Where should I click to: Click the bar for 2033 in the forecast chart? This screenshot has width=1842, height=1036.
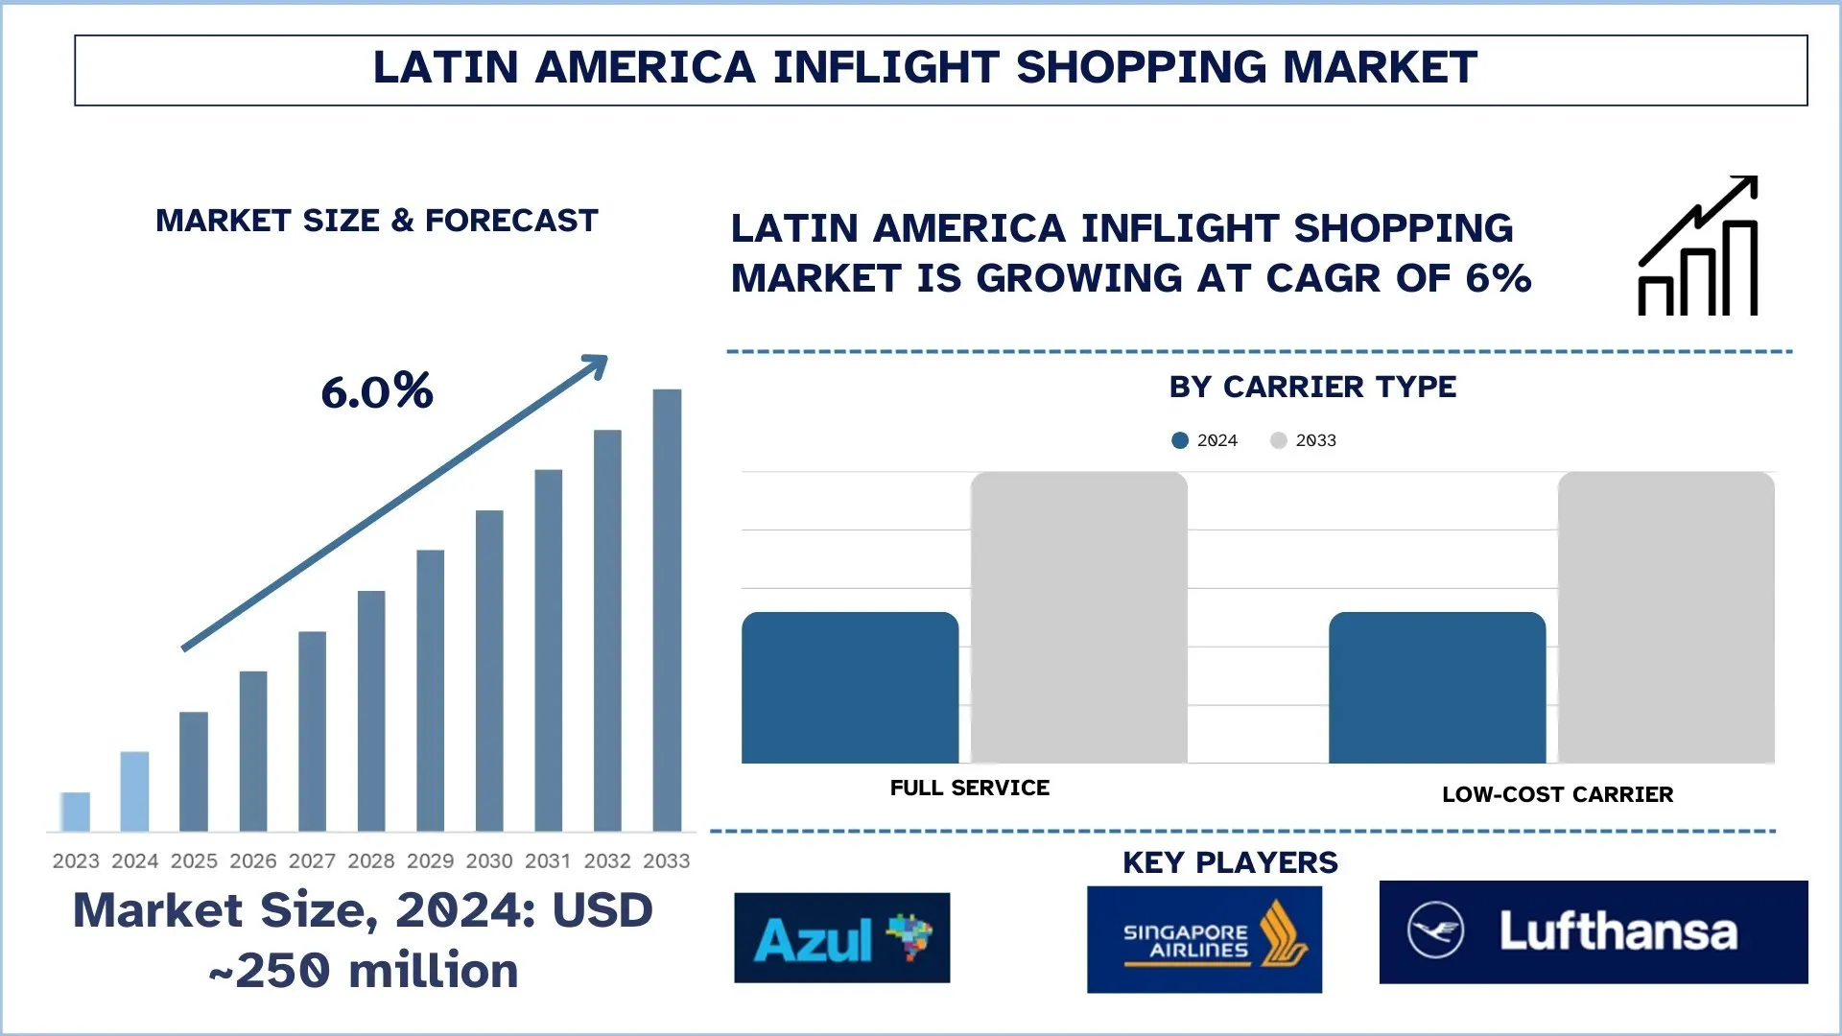point(667,610)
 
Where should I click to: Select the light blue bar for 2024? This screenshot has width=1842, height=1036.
point(134,791)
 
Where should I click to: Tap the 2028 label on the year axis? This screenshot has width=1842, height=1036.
point(370,861)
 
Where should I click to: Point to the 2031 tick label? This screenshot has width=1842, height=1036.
point(548,861)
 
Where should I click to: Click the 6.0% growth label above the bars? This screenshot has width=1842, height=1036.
point(377,391)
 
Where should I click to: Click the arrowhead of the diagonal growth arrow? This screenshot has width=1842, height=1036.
point(597,365)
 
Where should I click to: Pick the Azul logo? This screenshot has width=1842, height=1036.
point(841,938)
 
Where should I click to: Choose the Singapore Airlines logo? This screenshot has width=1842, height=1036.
point(1204,939)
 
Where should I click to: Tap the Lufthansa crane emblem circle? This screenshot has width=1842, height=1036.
point(1435,930)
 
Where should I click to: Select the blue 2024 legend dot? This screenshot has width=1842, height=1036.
point(1180,440)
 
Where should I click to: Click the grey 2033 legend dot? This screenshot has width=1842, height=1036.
point(1278,440)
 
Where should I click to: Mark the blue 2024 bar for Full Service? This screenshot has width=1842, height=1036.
point(850,688)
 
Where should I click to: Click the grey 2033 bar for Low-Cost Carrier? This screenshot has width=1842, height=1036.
point(1665,618)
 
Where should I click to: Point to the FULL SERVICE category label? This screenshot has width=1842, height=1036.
point(969,789)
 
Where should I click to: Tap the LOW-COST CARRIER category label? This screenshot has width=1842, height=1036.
point(1557,794)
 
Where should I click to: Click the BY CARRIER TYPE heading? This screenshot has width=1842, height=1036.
point(1312,387)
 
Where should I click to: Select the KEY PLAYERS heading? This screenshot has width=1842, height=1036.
point(1230,862)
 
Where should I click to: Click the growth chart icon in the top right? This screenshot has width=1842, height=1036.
point(1698,247)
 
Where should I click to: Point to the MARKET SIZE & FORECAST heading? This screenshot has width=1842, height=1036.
point(377,221)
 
